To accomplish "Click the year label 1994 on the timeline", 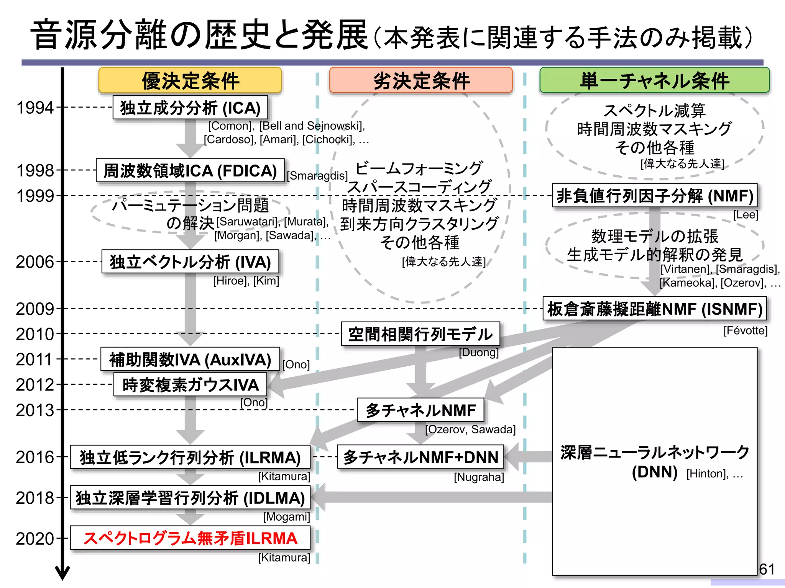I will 35,108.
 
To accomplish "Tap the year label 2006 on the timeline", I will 35,262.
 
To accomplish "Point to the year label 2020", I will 35,539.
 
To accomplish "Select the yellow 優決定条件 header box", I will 190,80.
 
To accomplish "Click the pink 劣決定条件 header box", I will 421,80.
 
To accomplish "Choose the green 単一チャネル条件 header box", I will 654,80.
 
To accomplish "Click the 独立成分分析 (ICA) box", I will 190,108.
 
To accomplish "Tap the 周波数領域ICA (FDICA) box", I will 190,171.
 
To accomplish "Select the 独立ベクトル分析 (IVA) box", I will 190,262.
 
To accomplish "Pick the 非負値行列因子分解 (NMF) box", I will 655,196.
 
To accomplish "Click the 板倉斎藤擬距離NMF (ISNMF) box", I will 655,309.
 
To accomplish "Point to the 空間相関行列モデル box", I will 420,334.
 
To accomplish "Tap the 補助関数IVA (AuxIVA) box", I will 190,359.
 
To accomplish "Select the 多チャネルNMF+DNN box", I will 420,457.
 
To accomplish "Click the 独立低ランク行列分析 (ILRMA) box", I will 190,457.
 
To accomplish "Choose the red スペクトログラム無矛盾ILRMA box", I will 190,538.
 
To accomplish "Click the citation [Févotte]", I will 745,330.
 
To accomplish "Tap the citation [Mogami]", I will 286,517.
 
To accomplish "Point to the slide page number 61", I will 767,569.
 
